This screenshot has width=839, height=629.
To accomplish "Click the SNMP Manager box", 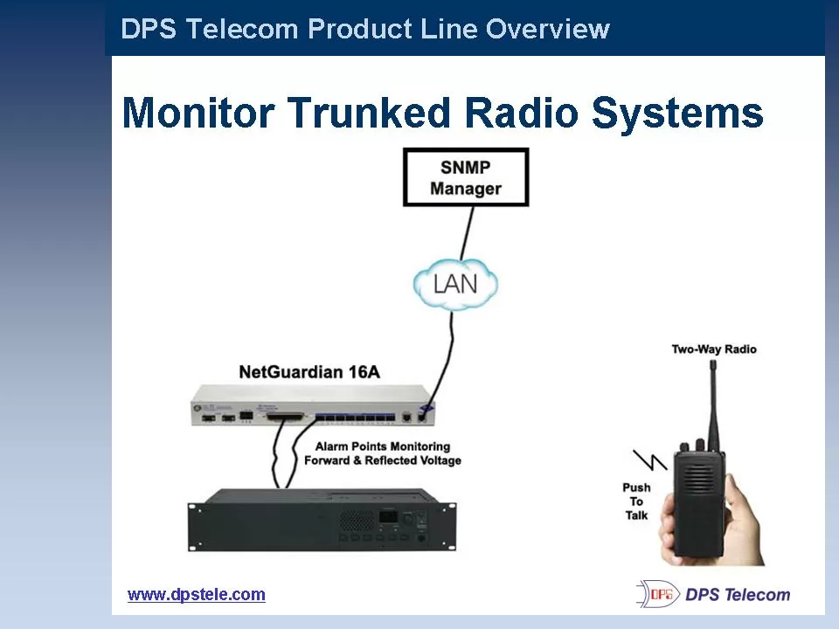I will tap(465, 177).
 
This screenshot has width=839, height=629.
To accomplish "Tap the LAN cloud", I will tap(455, 284).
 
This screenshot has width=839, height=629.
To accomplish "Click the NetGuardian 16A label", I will tap(309, 372).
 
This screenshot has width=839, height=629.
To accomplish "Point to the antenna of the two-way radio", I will tap(712, 402).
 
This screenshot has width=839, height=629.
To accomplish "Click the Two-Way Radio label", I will tap(713, 349).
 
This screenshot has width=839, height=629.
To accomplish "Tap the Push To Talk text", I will tap(636, 501).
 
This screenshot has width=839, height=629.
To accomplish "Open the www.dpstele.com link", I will tap(196, 595).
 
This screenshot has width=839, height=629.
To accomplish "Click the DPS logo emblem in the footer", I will tap(657, 594).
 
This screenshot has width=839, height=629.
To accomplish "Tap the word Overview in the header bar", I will tap(547, 29).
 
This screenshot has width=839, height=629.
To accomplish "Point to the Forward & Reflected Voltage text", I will tap(382, 460).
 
